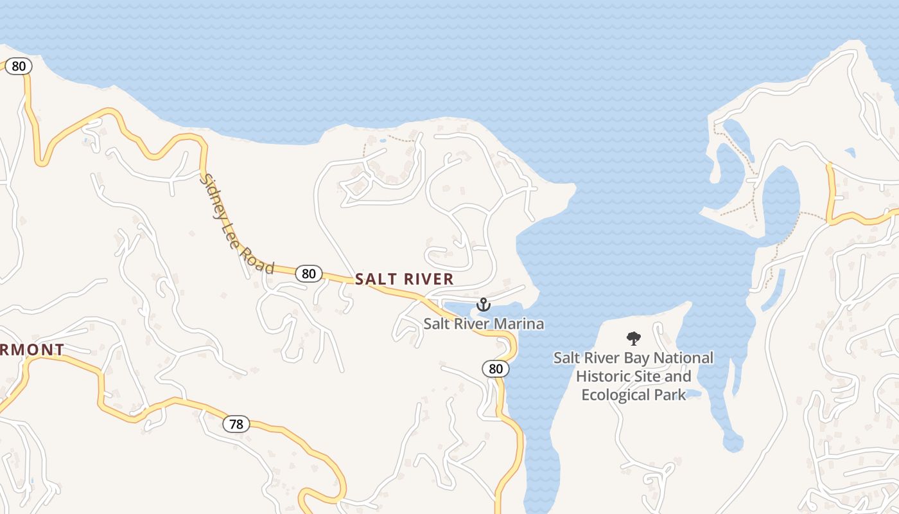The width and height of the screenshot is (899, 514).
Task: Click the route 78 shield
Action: [236, 424]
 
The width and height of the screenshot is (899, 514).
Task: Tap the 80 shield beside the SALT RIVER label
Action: [309, 274]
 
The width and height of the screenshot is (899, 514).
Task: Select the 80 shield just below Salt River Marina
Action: [495, 369]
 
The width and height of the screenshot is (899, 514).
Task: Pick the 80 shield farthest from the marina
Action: [19, 66]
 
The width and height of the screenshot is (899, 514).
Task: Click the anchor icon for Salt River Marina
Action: [483, 305]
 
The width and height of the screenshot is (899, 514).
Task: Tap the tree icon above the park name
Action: [634, 338]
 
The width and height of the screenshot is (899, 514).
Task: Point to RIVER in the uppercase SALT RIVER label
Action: [428, 279]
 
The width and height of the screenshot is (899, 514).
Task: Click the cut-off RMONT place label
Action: [32, 350]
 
